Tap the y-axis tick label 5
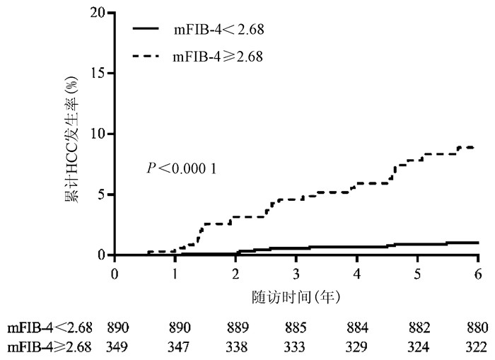click(103, 194)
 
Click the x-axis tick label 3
click(296, 273)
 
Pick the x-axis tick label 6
click(478, 273)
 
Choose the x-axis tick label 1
click(175, 273)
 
